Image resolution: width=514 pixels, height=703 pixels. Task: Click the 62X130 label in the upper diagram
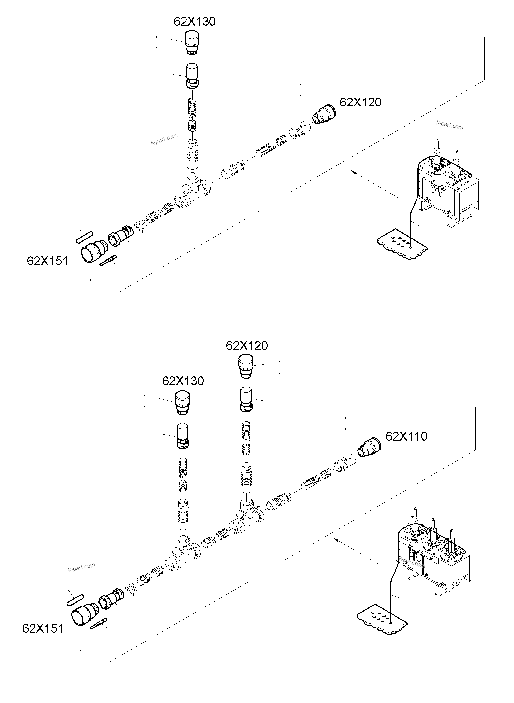click(x=194, y=22)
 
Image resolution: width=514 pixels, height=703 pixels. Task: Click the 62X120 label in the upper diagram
click(x=360, y=102)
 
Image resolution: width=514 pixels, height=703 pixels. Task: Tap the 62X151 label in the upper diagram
click(x=47, y=261)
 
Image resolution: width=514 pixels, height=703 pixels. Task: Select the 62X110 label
click(x=406, y=436)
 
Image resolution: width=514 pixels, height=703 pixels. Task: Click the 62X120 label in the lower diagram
click(x=247, y=346)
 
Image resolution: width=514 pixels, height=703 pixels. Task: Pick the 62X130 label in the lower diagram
click(x=183, y=381)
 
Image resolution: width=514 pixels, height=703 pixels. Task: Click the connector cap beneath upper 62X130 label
click(x=192, y=43)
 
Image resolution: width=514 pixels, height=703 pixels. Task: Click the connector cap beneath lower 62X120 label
click(x=246, y=367)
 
